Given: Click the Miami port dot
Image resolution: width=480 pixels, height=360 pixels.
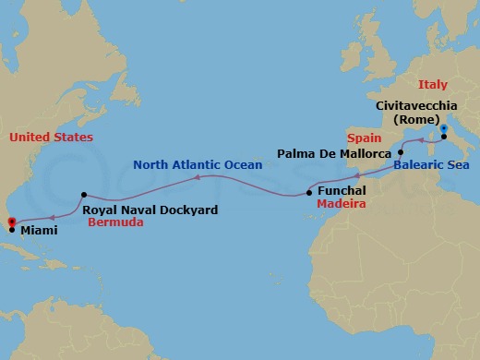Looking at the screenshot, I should (11, 230).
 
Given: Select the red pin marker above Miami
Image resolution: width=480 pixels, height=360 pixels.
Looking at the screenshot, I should (10, 222).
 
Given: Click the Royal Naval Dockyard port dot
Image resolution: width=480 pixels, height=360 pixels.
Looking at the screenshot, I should (83, 195).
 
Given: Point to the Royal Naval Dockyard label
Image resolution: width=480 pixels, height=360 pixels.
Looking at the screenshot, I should (150, 210).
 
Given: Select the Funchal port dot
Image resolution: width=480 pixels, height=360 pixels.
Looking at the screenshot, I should (308, 194).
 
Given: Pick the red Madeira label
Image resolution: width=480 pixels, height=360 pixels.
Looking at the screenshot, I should (342, 204).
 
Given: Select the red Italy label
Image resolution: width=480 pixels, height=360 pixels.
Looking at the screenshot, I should (432, 85).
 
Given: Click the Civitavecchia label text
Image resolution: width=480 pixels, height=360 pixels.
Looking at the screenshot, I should (416, 105).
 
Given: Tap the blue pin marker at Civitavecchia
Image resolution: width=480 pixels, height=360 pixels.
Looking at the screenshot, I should (444, 129).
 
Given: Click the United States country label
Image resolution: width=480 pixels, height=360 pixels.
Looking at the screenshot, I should (51, 137).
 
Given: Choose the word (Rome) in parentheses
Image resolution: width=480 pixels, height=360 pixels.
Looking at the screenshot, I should (415, 119).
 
